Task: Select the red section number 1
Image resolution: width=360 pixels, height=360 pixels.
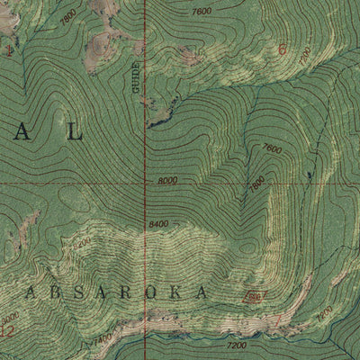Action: point(8,52)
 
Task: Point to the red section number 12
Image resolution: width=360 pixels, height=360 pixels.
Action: point(8,330)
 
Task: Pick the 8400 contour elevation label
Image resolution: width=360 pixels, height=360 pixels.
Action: point(159,223)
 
